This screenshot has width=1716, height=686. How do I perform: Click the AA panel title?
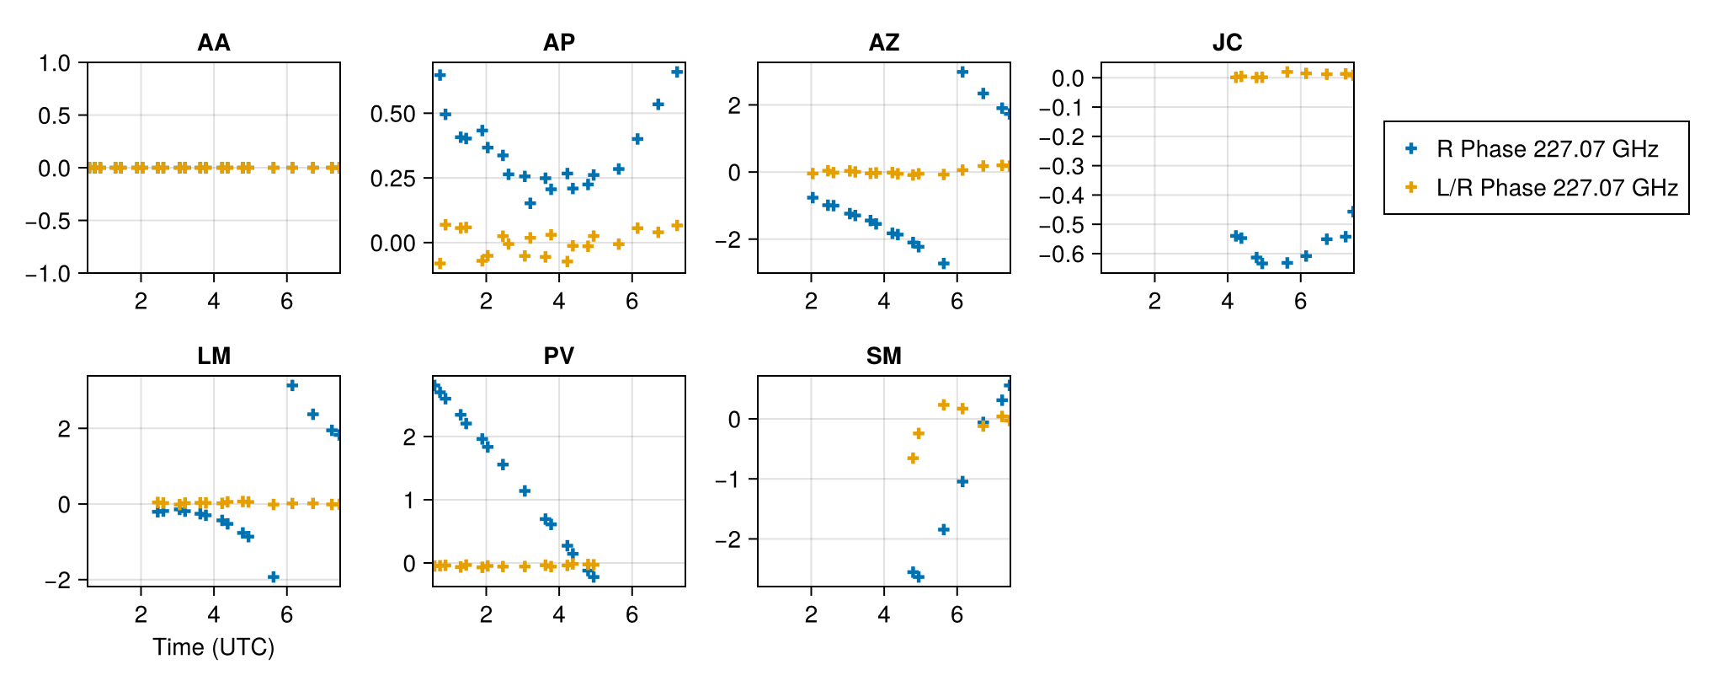[214, 42]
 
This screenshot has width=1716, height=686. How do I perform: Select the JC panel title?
[1227, 42]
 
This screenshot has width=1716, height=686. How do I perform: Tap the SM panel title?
[883, 356]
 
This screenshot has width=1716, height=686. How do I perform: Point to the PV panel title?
[558, 356]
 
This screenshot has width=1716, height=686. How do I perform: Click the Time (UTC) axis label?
[214, 646]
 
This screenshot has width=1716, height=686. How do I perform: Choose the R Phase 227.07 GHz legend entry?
[1547, 149]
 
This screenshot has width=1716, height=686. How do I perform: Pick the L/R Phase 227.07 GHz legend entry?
[1557, 187]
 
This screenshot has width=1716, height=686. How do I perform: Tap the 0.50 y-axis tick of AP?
[393, 114]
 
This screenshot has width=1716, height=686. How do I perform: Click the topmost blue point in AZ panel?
[962, 72]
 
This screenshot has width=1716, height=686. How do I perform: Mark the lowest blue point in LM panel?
[273, 577]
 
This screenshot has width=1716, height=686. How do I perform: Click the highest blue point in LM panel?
[292, 385]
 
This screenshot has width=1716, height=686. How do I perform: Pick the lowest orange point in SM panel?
[913, 458]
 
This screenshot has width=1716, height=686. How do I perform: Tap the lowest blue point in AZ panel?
[944, 264]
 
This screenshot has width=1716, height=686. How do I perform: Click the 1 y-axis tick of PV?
[409, 501]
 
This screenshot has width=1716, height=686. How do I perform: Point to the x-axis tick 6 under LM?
[287, 614]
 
